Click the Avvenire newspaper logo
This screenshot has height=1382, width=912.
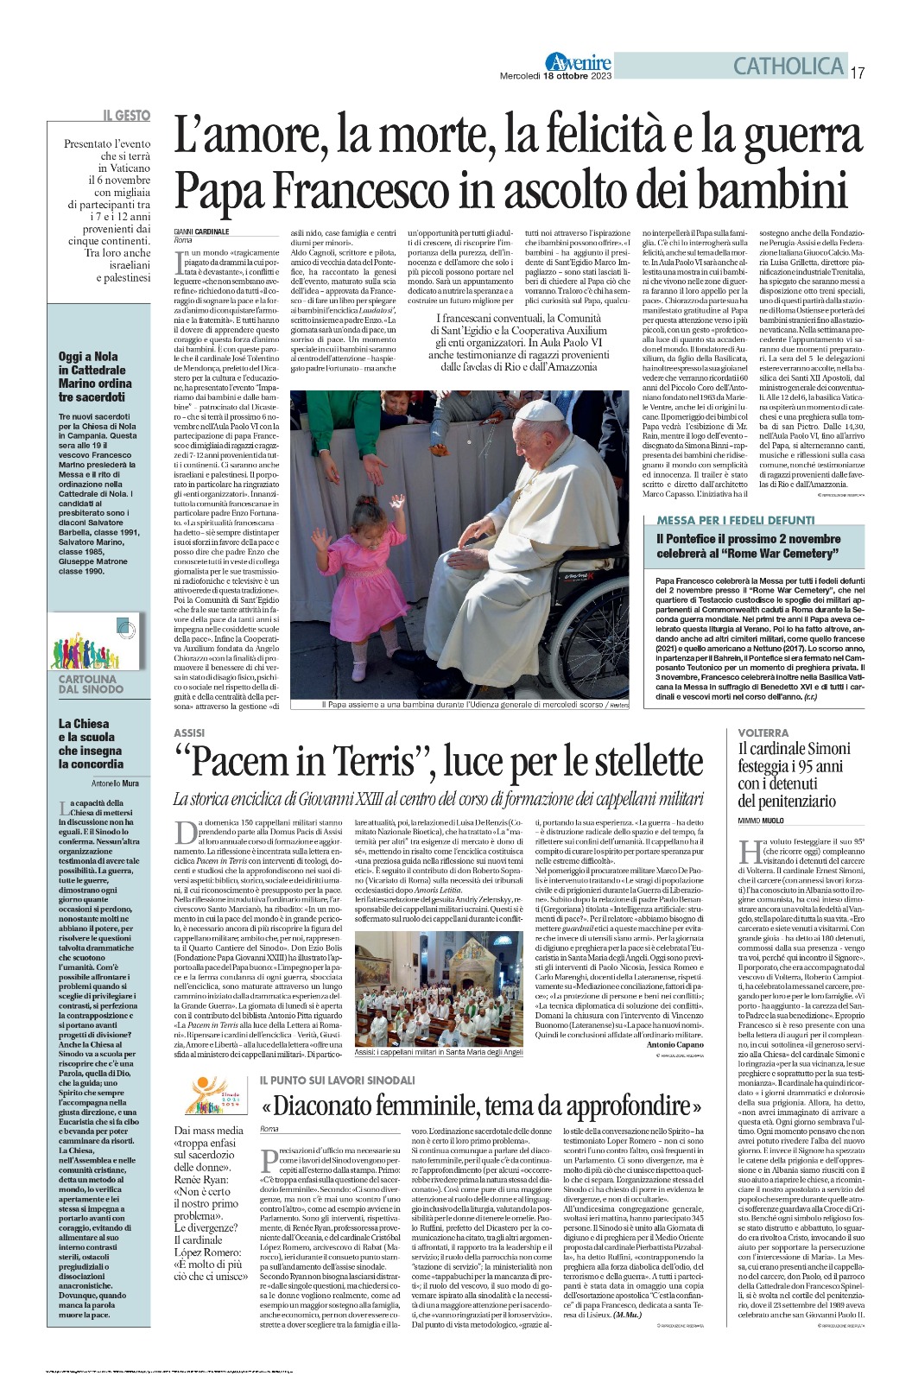pos(578,62)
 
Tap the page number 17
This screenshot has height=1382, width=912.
pos(858,73)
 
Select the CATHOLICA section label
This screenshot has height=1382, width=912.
pos(788,66)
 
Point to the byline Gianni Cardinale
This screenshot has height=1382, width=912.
pos(201,231)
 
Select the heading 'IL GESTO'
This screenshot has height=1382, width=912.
pos(126,116)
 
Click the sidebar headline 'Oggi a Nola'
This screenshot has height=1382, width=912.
pos(88,356)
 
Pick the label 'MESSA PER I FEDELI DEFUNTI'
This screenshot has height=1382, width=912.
pos(735,520)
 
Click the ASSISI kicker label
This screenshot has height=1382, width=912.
pos(189,733)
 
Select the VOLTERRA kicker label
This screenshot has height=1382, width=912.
pos(763,732)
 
